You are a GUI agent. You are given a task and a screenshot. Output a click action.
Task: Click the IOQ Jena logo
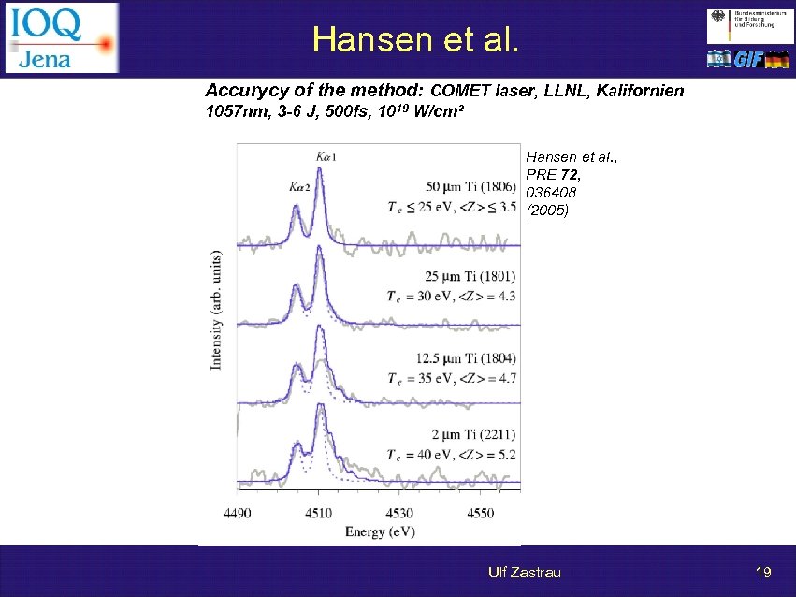pyautogui.click(x=62, y=37)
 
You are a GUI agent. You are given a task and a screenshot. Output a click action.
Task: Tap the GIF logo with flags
pyautogui.click(x=748, y=59)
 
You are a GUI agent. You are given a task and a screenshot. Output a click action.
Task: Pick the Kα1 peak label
pyautogui.click(x=326, y=157)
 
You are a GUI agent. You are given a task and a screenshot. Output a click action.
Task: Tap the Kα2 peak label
pyautogui.click(x=300, y=187)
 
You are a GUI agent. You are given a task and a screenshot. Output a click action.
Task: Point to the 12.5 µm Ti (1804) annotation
pyautogui.click(x=464, y=357)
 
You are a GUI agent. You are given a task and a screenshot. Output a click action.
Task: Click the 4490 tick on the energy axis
pyautogui.click(x=238, y=513)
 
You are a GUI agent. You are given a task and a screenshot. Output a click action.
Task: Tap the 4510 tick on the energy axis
pyautogui.click(x=318, y=513)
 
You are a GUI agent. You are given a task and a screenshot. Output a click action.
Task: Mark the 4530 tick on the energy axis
pyautogui.click(x=399, y=513)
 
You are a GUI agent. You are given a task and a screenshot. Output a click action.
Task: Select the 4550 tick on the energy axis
pyautogui.click(x=480, y=513)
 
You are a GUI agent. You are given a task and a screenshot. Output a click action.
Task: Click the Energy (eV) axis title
pyautogui.click(x=379, y=531)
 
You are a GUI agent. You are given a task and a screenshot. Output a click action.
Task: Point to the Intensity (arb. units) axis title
pyautogui.click(x=217, y=310)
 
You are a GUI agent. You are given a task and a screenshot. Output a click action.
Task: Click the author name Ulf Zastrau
pyautogui.click(x=524, y=572)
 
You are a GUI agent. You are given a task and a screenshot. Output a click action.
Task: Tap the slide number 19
pyautogui.click(x=762, y=572)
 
